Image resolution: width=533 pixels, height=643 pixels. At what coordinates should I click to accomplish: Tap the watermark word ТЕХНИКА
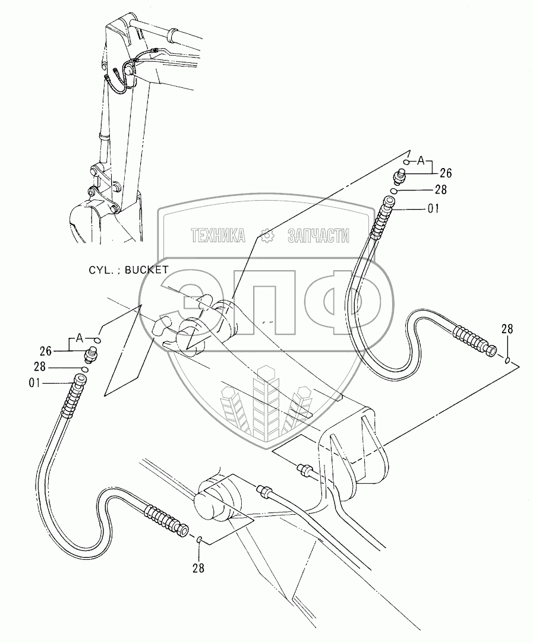(x=218, y=236)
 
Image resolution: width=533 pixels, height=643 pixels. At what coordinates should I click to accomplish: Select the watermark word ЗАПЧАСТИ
(x=317, y=236)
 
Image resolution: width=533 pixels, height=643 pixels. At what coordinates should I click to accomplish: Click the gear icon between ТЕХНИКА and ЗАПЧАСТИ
(x=267, y=236)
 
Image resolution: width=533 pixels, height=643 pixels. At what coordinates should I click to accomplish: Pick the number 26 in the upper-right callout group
(x=446, y=173)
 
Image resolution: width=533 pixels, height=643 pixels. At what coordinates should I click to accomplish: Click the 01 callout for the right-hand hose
(x=434, y=209)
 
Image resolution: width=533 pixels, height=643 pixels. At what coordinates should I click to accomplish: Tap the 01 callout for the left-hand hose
(x=34, y=383)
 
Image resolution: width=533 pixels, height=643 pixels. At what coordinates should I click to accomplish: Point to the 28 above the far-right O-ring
(x=507, y=330)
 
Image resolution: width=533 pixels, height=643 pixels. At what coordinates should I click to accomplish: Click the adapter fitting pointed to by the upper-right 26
(x=399, y=176)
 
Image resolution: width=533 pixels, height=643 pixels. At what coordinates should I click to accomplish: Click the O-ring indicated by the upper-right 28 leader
(x=395, y=191)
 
